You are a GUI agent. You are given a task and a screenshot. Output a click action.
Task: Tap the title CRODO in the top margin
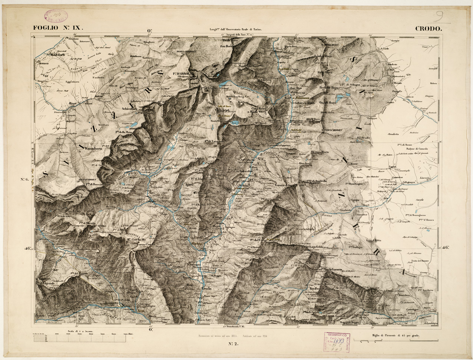427,28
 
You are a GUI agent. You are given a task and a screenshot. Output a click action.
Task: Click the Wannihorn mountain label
93,148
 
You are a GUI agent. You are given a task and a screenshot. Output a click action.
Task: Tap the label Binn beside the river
72,104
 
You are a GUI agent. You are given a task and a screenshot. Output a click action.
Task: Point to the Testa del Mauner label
420,261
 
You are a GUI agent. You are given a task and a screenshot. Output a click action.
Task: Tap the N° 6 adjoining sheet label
25,180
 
